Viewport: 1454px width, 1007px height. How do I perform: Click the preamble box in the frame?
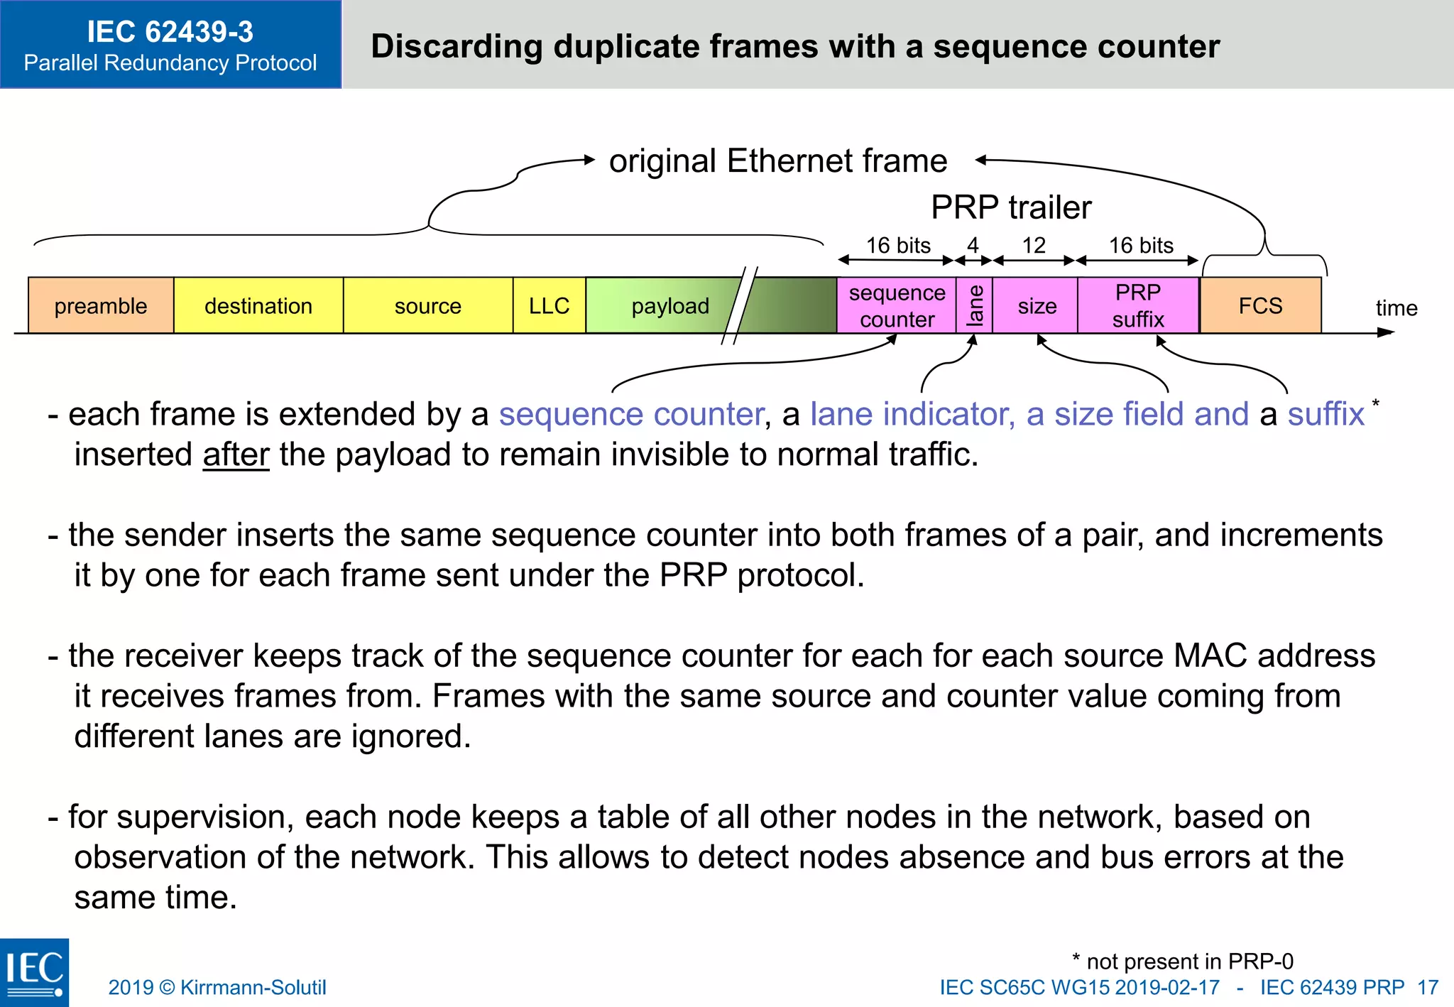101,306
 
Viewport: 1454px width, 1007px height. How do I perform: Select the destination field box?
258,306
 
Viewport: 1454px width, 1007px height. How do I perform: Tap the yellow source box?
428,306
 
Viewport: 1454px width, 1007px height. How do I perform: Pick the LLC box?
549,306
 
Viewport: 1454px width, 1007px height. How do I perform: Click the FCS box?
1260,306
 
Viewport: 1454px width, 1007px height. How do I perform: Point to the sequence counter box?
897,306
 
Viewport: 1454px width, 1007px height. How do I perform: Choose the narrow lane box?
975,306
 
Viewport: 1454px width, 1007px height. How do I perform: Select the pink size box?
1037,306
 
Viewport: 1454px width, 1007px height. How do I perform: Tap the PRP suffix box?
1138,306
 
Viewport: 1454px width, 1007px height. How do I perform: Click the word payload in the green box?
670,306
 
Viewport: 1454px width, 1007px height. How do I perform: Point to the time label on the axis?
1396,308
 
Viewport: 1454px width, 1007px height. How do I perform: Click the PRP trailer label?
1011,207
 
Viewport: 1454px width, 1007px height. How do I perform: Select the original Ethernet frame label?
778,161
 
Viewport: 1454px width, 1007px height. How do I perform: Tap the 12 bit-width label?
1034,246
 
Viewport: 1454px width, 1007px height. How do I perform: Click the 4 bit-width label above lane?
973,246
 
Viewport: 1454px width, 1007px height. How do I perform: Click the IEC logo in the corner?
34,972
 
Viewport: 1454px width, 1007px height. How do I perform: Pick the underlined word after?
236,454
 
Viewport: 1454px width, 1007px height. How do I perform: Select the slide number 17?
1428,987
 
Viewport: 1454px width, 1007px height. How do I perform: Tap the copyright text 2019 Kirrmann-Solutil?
217,987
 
